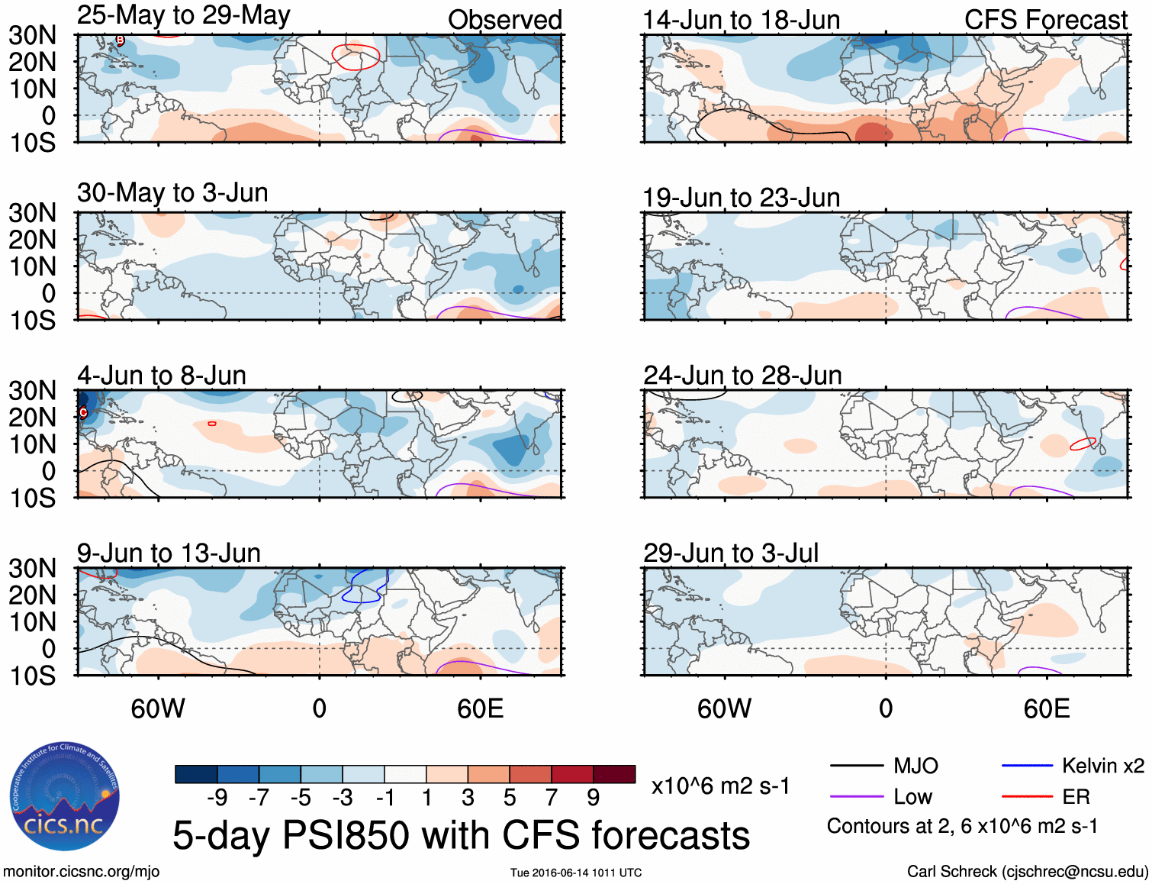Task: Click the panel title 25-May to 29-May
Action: pos(183,16)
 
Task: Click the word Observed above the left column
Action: pos(504,20)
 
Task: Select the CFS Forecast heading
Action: pos(1045,20)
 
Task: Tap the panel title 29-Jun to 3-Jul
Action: pos(730,553)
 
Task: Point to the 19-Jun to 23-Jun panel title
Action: pos(741,198)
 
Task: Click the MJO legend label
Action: pos(915,766)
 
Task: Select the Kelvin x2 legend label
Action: pos(1102,766)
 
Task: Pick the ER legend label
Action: pos(1076,797)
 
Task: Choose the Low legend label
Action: pos(912,797)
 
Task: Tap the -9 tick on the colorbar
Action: pos(217,798)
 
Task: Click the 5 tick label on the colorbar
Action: pos(509,798)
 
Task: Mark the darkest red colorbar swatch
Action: pos(614,774)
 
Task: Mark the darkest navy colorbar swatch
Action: pos(196,774)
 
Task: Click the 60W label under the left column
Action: pos(158,708)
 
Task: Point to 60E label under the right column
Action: pos(1046,708)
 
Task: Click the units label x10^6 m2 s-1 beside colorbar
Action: pos(720,786)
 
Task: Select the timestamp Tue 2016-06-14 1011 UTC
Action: pos(576,873)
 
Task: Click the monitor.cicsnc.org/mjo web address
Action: pos(81,872)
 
